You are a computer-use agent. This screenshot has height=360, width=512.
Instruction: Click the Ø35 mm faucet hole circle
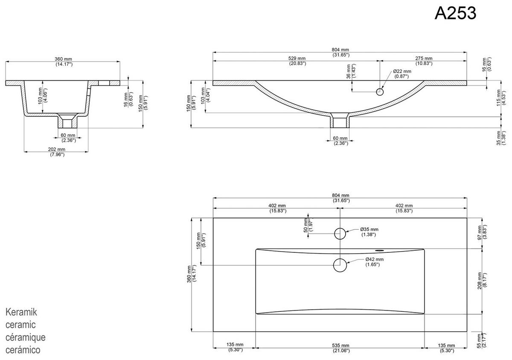[x=340, y=233]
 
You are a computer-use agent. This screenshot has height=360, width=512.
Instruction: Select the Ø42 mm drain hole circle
[x=340, y=265]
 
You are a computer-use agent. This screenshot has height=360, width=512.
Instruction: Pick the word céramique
[x=26, y=337]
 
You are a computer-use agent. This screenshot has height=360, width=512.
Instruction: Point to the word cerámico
[x=23, y=350]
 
